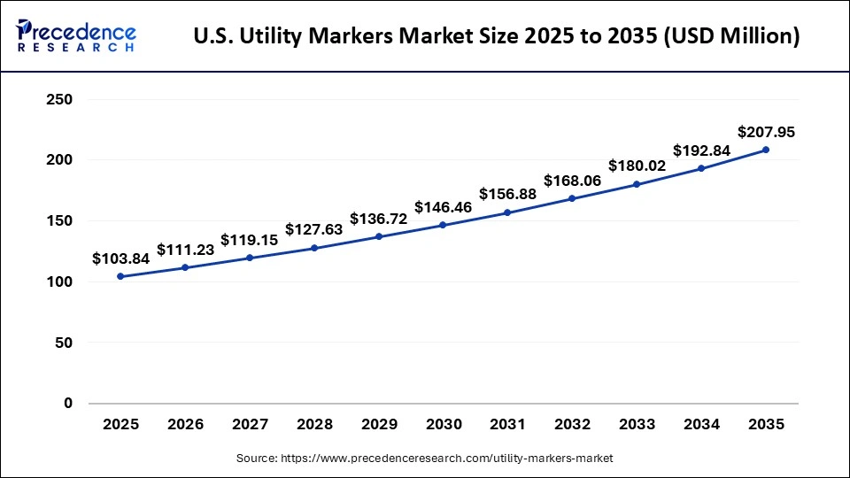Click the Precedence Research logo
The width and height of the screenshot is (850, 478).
point(76,36)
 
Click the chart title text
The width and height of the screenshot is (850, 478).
point(497,36)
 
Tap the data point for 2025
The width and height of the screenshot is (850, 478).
point(120,276)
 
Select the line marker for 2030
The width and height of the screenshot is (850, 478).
point(443,225)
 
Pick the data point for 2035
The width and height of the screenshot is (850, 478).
point(766,150)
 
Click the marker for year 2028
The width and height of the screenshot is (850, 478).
point(314,248)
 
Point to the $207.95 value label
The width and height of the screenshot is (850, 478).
point(766,132)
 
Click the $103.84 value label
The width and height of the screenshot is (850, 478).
point(120,258)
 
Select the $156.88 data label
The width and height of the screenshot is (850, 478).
point(507,194)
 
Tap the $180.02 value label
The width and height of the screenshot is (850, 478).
point(637,166)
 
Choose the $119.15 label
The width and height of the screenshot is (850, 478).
point(250,239)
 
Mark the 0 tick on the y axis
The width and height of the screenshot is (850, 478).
point(67,403)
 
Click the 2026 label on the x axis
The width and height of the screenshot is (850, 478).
point(185,425)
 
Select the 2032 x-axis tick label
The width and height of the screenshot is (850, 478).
point(572,425)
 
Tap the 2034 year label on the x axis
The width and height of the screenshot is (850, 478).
point(701,425)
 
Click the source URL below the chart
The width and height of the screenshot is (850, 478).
point(424,458)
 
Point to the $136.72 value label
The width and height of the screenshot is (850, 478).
point(378,218)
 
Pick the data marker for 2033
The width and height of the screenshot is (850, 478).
point(637,184)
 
